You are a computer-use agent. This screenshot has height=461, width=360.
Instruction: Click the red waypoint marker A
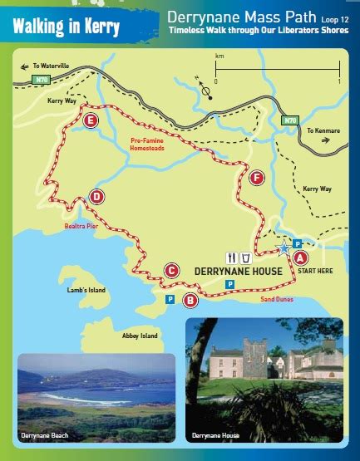point(300,257)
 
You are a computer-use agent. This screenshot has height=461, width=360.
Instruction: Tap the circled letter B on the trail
point(190,300)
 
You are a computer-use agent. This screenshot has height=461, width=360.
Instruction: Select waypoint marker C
point(171,269)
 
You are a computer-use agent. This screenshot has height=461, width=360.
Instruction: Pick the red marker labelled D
point(97,197)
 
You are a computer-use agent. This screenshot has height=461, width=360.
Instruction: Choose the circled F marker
point(257,177)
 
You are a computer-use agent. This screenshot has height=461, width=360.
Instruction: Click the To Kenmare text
point(323,131)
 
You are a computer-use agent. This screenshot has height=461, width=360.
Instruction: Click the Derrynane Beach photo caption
point(44,434)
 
